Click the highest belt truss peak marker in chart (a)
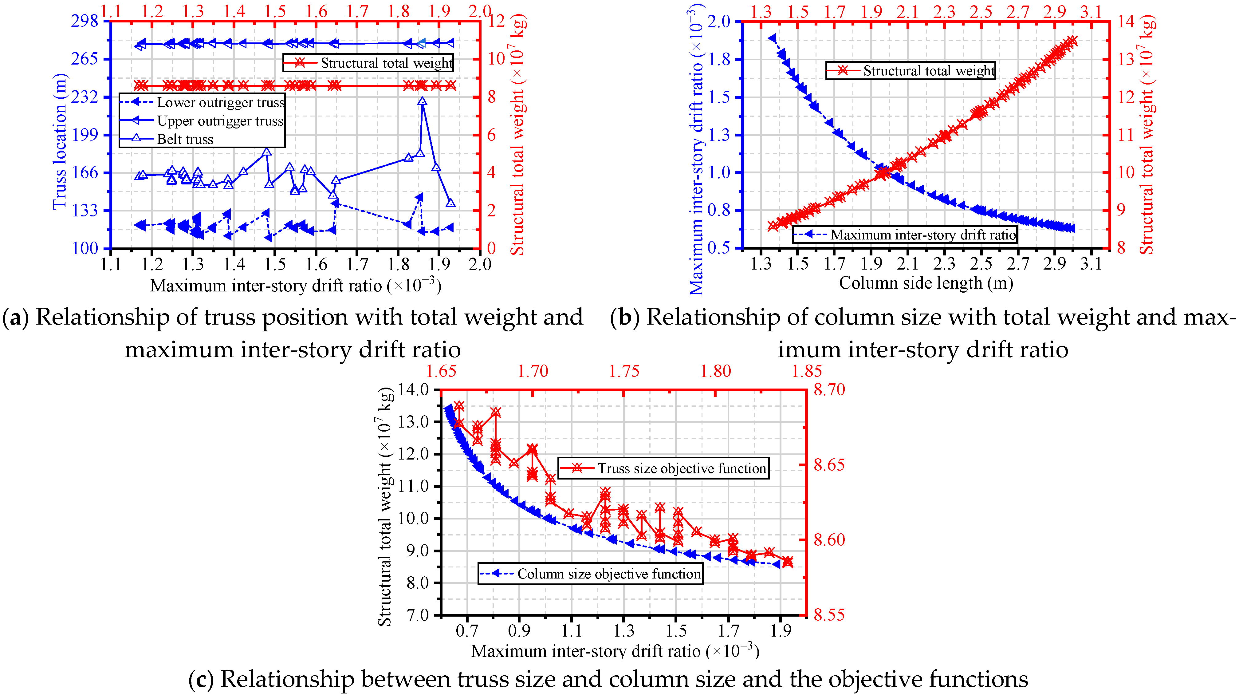pos(422,101)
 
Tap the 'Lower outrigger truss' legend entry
pos(202,102)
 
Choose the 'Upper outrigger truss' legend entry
pos(202,121)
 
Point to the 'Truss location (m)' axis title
pos(60,141)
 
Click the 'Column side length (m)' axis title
pos(926,283)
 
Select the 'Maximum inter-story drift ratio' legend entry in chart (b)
pos(905,235)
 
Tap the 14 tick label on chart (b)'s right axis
pos(1126,21)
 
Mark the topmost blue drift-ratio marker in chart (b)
pos(773,38)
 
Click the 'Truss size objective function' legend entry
pos(664,468)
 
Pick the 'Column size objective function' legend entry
pos(591,574)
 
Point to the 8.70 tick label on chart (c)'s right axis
pos(829,389)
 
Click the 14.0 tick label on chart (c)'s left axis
pos(414,389)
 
